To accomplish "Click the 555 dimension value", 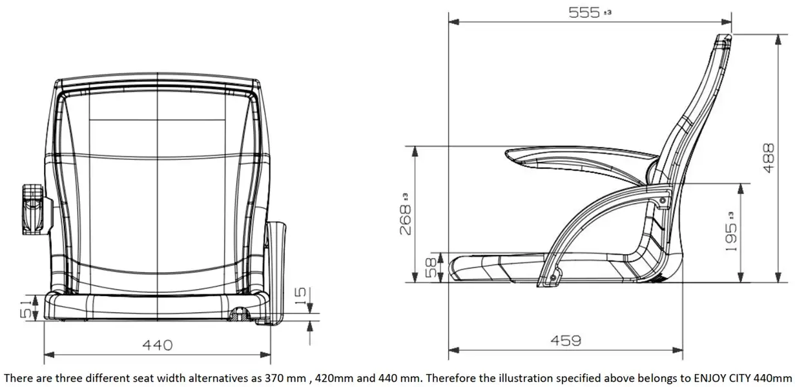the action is [584, 13].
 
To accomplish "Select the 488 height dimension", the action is [769, 158].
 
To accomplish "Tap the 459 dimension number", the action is [566, 341].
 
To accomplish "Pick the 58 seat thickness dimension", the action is [431, 268].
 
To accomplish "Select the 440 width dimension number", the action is [158, 345].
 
